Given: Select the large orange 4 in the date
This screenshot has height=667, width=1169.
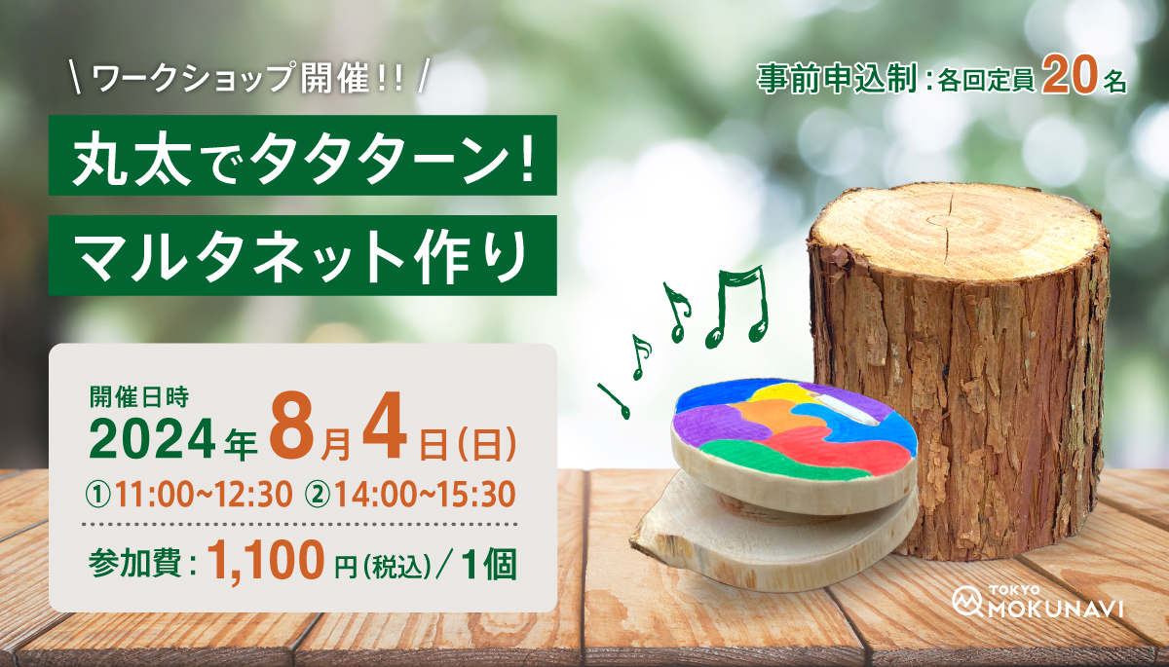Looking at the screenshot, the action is click(385, 429).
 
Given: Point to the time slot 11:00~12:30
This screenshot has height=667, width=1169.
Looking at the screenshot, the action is click(204, 495).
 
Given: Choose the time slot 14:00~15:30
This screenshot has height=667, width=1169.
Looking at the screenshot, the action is click(426, 495).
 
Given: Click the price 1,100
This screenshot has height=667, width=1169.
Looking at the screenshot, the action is click(266, 560).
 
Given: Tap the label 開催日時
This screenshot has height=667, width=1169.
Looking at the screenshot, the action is click(138, 397).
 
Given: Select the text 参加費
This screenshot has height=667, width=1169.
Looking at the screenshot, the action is click(135, 563).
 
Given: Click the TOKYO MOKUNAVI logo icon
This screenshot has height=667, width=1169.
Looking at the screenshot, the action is click(967, 601).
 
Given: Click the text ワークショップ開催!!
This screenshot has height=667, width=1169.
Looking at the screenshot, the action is click(247, 78).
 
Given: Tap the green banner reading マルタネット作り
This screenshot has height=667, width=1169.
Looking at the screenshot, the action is click(303, 255).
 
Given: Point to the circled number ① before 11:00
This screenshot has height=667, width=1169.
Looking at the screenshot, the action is click(98, 496).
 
